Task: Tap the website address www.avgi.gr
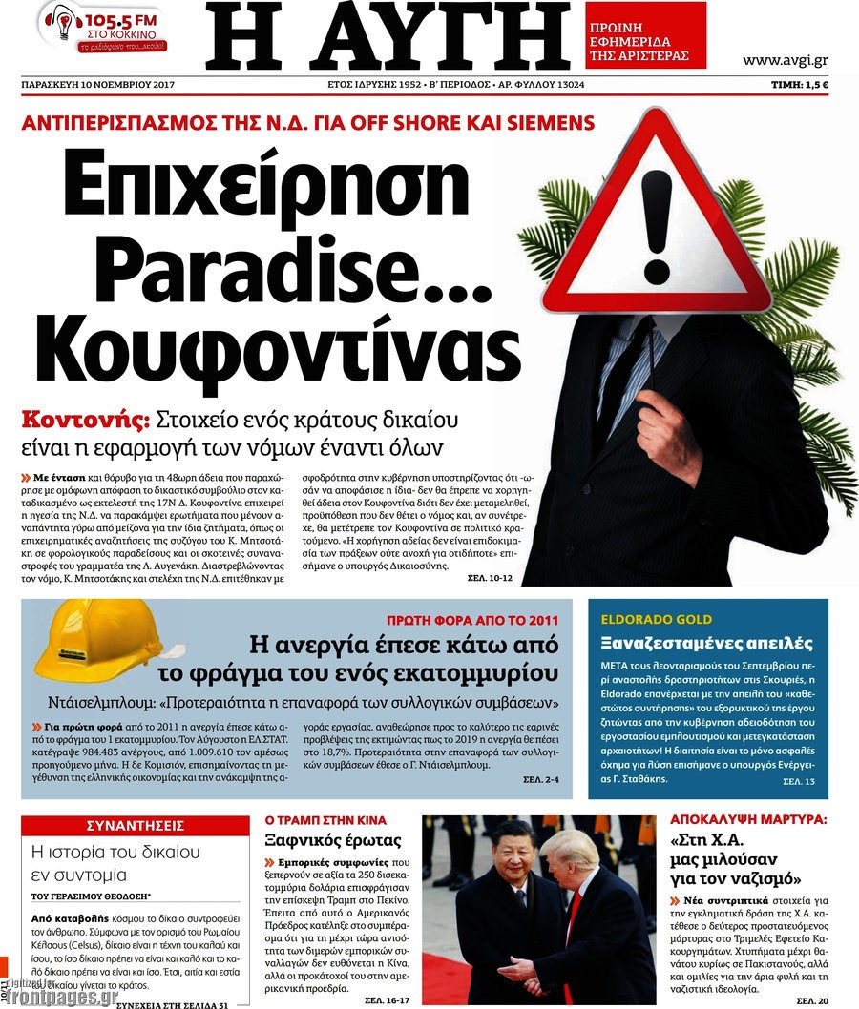[x=786, y=60]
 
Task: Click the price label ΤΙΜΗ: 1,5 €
[x=799, y=85]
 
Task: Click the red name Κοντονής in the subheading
[x=85, y=418]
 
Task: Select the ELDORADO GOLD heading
[x=645, y=619]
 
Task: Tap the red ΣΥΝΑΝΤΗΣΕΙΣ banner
[x=135, y=826]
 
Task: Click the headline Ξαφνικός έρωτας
[x=333, y=840]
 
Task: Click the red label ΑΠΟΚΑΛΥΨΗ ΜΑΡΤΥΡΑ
[x=747, y=818]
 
